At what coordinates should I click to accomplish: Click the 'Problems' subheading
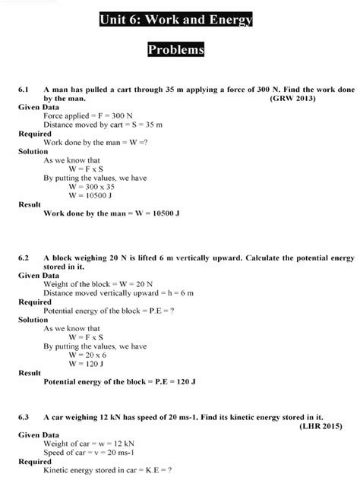tap(176, 49)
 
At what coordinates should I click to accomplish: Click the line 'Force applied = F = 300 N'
tap(88, 116)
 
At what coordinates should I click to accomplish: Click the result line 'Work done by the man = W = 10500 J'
tap(112, 213)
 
